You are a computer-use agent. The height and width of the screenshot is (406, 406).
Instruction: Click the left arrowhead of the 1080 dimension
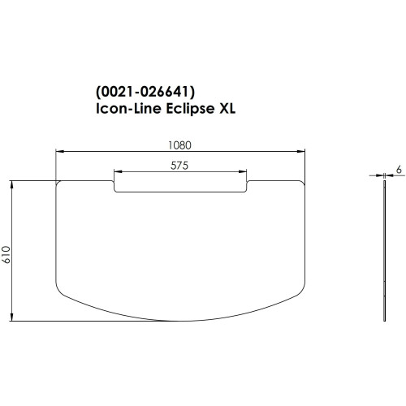(x=58, y=151)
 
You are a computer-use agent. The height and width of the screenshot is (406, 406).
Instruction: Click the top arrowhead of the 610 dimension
(x=13, y=184)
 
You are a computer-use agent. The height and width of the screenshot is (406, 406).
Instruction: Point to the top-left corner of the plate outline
(x=57, y=183)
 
